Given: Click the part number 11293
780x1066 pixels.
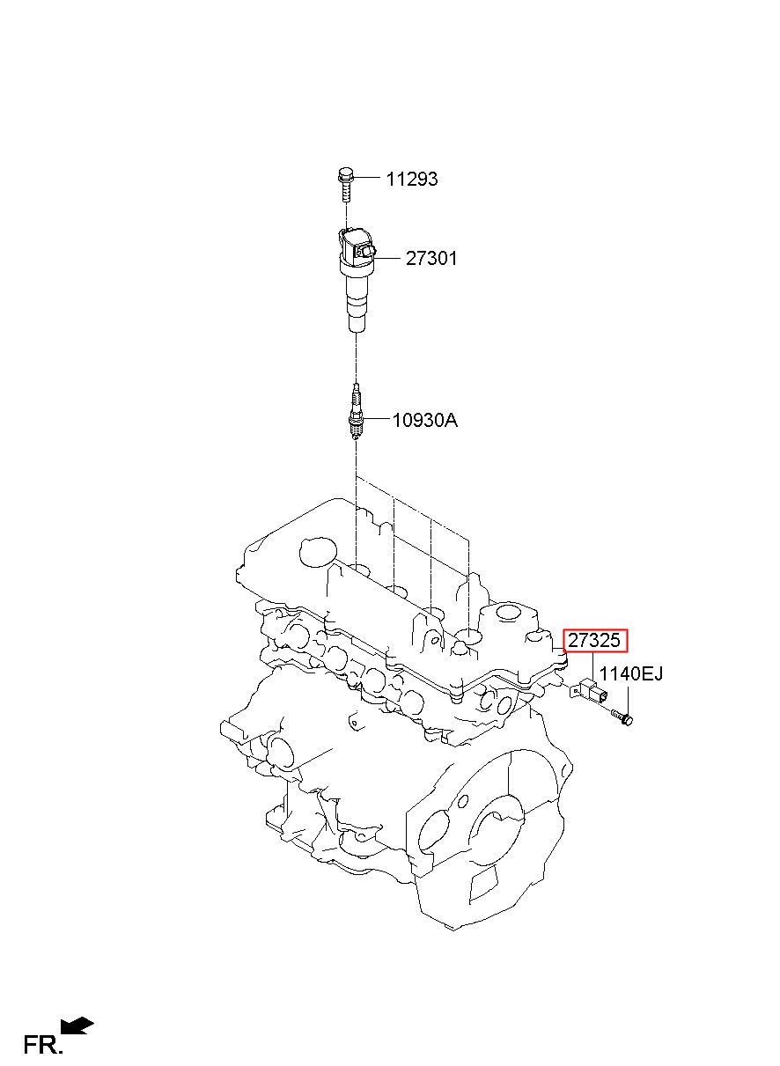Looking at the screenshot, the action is (411, 180).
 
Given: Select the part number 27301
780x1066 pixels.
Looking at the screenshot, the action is (431, 259).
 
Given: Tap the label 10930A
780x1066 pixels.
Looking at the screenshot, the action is (425, 420).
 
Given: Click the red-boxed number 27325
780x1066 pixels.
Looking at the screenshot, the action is (595, 641).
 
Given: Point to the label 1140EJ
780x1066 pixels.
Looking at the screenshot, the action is (630, 674).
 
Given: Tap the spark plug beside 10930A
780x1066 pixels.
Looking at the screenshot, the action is (355, 412).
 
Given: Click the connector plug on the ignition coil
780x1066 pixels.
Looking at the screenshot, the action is (367, 251).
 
